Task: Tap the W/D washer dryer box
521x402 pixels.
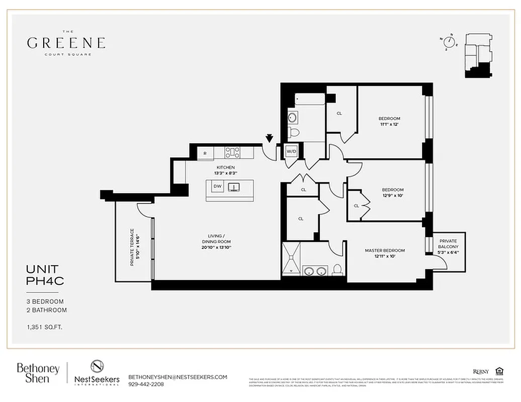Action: [x=291, y=151]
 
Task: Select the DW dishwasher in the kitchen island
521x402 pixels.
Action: [x=217, y=186]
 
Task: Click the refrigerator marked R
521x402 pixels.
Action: [x=205, y=153]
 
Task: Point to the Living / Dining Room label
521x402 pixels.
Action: [x=217, y=239]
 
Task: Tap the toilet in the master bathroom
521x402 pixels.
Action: [x=337, y=270]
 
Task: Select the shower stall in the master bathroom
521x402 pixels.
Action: [x=291, y=259]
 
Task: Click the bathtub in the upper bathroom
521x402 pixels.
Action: [x=310, y=99]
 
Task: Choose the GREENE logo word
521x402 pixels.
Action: [x=66, y=43]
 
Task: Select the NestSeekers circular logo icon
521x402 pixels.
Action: [x=97, y=367]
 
